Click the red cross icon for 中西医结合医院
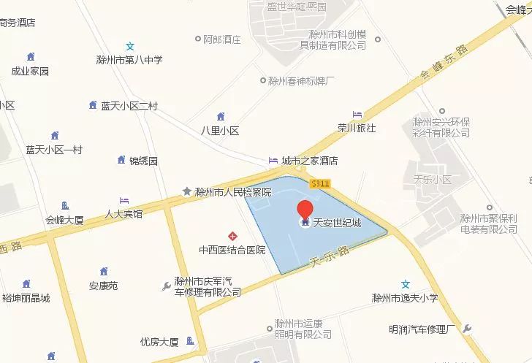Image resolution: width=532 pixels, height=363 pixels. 232,236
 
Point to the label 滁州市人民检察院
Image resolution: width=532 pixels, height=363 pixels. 232,192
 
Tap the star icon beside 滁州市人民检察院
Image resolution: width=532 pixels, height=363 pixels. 187,191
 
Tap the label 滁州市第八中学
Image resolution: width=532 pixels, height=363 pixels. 129,59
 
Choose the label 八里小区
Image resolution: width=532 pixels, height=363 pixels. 221,131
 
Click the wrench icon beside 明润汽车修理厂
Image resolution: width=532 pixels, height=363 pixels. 468,329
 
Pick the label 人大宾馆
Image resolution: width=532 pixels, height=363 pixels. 123,214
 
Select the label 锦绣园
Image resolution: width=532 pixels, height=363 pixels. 143,161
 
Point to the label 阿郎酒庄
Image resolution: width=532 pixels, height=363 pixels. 222,39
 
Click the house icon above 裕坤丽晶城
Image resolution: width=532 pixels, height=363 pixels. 26,283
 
